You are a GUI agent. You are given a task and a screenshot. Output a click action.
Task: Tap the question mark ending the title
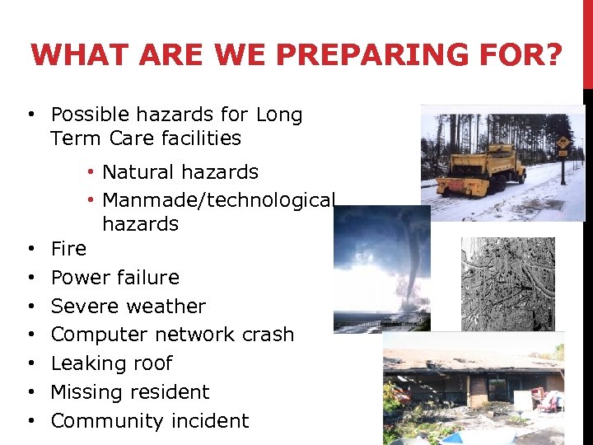point(553,55)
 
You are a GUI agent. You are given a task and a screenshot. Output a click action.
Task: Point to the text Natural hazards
point(180,172)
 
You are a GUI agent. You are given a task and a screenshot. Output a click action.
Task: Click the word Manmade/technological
point(218,200)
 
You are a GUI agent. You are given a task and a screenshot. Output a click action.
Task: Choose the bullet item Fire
point(68,248)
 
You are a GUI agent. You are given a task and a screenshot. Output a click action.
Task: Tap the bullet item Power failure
point(114,277)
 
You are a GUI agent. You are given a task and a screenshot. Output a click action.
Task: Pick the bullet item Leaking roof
point(111,363)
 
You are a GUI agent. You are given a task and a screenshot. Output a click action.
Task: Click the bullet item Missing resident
point(130,392)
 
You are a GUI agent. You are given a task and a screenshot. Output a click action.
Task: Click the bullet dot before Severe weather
point(30,306)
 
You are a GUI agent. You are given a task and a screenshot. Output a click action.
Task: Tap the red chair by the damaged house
point(548,402)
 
